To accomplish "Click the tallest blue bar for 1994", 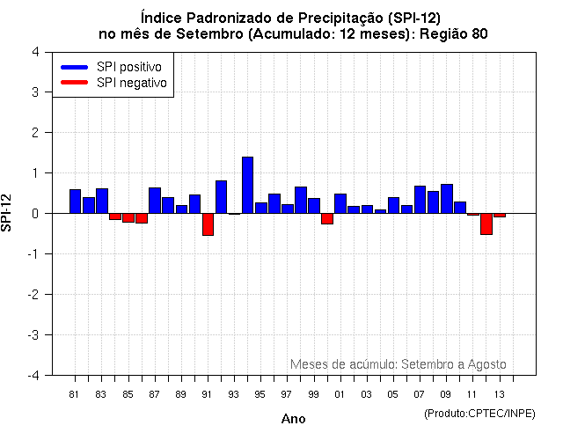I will point(247,185).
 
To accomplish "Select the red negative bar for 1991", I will point(208,224).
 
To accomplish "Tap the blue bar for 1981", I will point(75,202).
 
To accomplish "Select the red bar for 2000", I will point(327,218).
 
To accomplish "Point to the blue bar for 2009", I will point(446,199).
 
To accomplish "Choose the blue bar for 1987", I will point(155,201).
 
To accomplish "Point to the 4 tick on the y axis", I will point(34,52).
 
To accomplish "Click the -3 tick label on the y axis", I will point(32,335).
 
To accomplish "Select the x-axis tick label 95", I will point(260,394).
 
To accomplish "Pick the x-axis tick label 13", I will point(499,394).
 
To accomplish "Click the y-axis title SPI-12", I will point(8,213).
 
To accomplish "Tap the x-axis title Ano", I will point(293,420).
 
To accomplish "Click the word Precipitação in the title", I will point(337,16).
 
